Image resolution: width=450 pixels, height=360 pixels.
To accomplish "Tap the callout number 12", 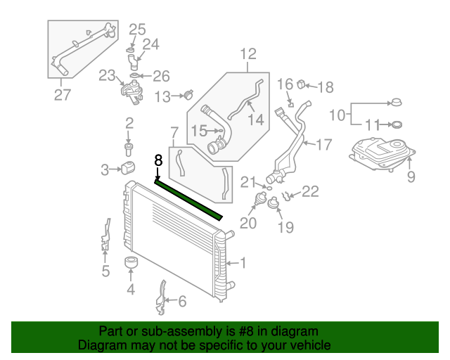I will click(248, 54).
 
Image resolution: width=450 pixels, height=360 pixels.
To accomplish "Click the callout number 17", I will click(323, 145).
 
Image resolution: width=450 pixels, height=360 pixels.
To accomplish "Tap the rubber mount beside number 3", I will click(129, 169).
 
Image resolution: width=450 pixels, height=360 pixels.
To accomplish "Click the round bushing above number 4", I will click(130, 264).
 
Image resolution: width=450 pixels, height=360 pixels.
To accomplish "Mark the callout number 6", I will click(181, 302).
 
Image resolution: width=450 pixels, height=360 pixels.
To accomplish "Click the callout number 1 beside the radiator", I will click(243, 264).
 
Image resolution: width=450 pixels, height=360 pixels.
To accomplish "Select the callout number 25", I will click(137, 30).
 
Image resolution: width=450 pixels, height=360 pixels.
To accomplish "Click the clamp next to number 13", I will click(188, 94).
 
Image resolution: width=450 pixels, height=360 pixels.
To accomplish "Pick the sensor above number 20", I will click(256, 205).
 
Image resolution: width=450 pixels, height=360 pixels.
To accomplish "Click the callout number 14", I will click(255, 120).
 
